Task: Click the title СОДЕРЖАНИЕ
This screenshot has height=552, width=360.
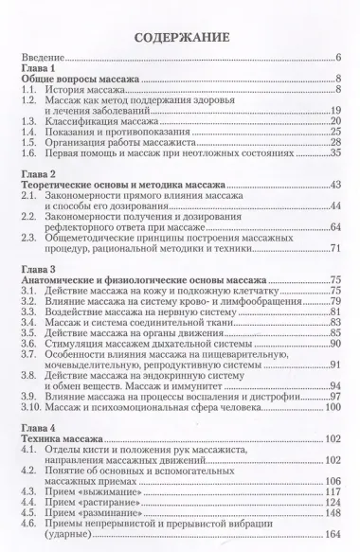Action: coord(179,38)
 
